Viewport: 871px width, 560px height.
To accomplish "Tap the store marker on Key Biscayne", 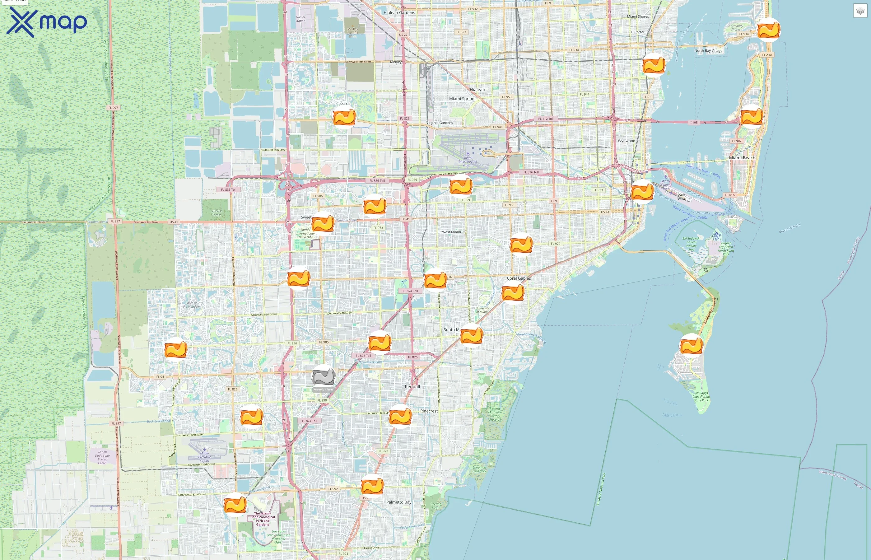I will click(x=691, y=345).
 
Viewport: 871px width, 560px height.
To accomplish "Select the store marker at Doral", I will click(x=344, y=117).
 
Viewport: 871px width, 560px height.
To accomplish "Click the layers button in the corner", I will click(x=860, y=11).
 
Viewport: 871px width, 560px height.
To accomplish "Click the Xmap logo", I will click(x=47, y=22).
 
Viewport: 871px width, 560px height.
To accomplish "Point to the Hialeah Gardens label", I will click(x=399, y=12).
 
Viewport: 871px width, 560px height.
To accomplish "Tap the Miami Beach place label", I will click(x=742, y=158).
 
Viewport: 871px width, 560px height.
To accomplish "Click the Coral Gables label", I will click(x=519, y=278).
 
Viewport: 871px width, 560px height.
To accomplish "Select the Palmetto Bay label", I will click(x=399, y=502).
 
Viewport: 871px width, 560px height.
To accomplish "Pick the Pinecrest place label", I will click(x=429, y=411).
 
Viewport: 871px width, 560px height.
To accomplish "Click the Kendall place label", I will click(x=412, y=386).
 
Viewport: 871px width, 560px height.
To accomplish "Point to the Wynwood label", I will click(x=626, y=141).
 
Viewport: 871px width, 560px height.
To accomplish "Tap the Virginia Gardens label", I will click(x=440, y=123).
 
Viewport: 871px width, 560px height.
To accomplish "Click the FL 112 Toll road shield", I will click(x=546, y=119).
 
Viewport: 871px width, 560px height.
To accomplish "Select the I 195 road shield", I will click(x=694, y=123).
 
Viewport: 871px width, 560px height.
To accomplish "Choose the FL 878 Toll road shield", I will click(x=363, y=356).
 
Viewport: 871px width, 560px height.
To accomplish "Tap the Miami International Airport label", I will click(x=468, y=161).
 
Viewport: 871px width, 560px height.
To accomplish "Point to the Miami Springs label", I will click(x=462, y=99).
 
